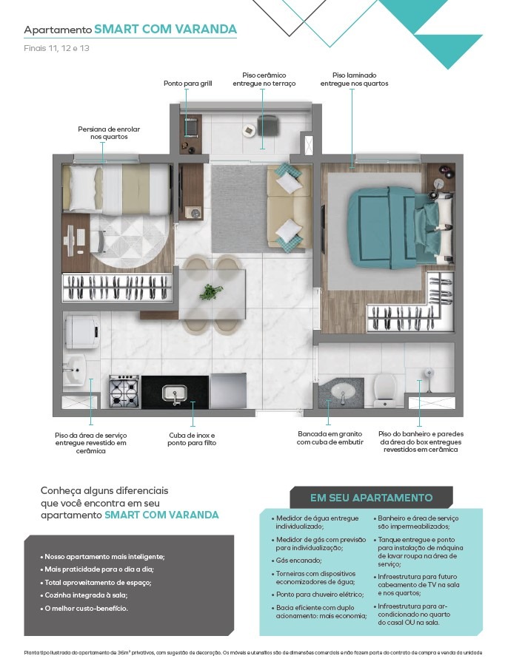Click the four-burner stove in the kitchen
point(124,390)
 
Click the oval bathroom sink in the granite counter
point(342,391)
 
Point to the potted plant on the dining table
point(210,292)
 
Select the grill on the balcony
point(191,128)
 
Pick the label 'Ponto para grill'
point(188,84)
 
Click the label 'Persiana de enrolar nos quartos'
point(109,133)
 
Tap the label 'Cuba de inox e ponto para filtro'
point(192,439)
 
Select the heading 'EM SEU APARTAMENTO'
point(371,498)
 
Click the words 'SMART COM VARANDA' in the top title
point(165,29)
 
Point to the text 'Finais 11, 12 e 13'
point(56,48)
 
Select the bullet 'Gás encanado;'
point(296,561)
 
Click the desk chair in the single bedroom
point(99,240)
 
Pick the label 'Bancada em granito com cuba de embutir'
point(330,438)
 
